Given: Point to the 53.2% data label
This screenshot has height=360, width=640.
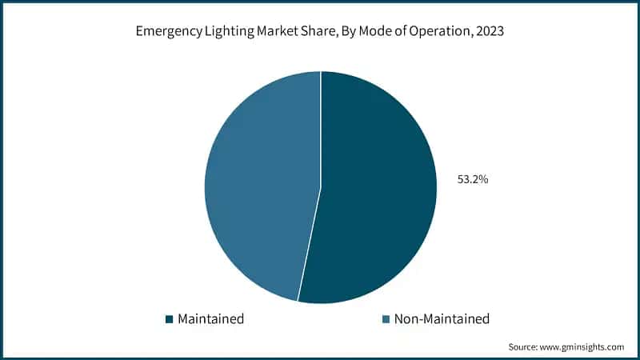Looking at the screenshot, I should [x=472, y=180].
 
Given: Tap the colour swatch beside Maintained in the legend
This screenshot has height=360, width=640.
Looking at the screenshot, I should [x=169, y=319].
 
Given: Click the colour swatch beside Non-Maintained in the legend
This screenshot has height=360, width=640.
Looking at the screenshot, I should [x=386, y=319].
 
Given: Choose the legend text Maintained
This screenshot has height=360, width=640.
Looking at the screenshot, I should [x=210, y=319].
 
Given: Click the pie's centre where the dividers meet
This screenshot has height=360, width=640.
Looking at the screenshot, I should [x=321, y=187].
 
